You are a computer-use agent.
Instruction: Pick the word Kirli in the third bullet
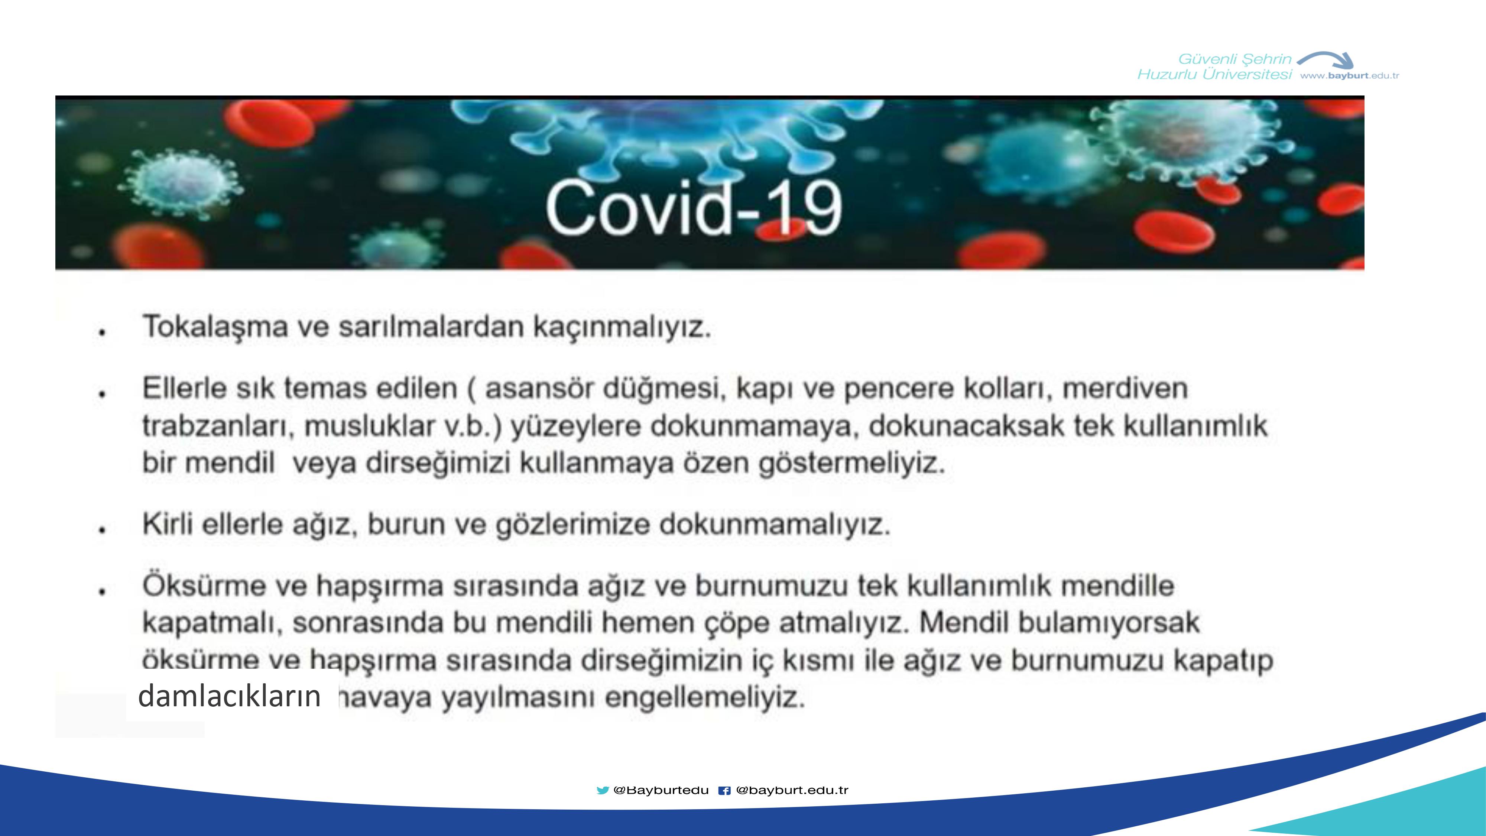point(168,524)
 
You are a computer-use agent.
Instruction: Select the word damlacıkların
point(230,696)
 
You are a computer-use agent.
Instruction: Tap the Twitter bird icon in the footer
point(602,790)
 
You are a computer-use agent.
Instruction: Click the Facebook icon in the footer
point(724,790)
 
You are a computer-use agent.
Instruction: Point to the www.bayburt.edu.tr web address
point(1349,75)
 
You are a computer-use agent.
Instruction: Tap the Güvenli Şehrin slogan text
point(1234,59)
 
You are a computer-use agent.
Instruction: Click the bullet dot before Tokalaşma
point(102,332)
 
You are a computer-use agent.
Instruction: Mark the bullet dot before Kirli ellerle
point(102,529)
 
